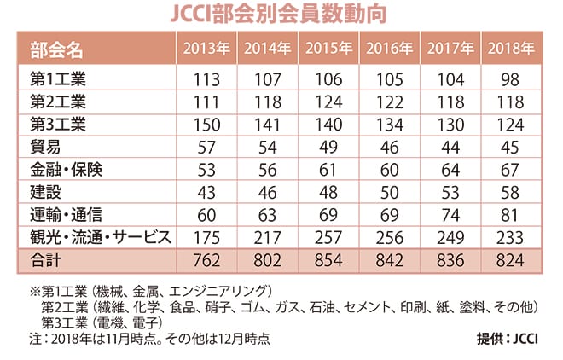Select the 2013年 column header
(x=206, y=48)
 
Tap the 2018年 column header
(x=511, y=48)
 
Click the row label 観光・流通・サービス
(x=94, y=236)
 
